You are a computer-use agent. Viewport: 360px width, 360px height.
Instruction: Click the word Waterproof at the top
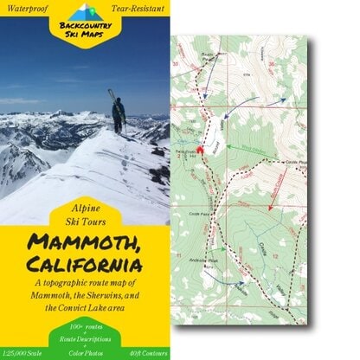coord(29,10)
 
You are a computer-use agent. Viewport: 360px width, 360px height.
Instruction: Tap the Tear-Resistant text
coord(136,10)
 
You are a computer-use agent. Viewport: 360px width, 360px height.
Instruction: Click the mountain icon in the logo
coord(83,11)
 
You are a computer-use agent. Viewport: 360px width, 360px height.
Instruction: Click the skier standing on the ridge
coord(119,114)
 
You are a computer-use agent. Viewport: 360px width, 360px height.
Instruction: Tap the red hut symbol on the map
coord(200,149)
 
